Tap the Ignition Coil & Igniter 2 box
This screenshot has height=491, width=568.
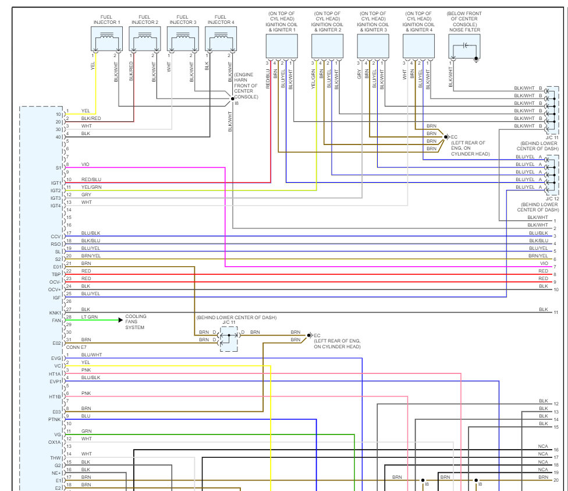[327, 45]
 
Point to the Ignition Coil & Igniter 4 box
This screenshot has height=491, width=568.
[418, 45]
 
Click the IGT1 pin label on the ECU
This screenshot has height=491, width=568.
[56, 183]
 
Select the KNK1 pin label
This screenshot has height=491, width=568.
[56, 313]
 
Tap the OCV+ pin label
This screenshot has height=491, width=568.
[55, 289]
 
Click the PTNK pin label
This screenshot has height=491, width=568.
[55, 419]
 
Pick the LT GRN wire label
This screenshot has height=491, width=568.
[89, 317]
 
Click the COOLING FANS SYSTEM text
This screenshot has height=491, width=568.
[136, 322]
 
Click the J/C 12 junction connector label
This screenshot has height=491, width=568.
[552, 199]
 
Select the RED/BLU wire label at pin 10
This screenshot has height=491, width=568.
[91, 179]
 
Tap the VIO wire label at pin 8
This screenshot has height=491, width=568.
[86, 164]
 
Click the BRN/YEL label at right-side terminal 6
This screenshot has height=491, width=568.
[538, 256]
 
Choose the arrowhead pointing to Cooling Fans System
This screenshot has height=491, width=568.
[120, 320]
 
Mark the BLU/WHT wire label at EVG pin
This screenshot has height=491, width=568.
[91, 355]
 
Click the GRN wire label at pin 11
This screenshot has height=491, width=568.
[86, 431]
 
